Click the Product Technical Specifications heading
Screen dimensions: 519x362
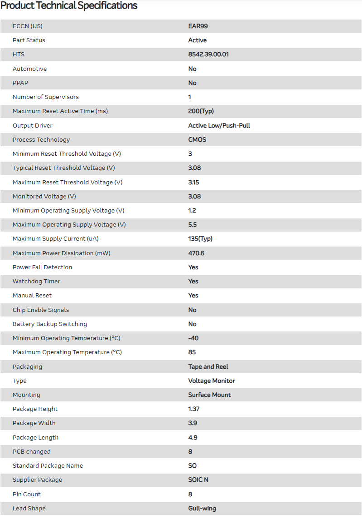(x=69, y=6)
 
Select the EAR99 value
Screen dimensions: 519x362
(x=198, y=26)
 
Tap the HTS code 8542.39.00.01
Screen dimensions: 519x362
(x=208, y=54)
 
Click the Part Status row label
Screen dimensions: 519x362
(x=29, y=40)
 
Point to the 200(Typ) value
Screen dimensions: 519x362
(x=201, y=111)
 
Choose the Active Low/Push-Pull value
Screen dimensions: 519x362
(x=219, y=125)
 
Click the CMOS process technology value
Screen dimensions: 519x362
(x=197, y=139)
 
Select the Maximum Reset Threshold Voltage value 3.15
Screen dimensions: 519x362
(x=193, y=182)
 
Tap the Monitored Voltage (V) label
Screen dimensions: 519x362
(x=44, y=196)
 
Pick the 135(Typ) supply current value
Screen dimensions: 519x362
(x=200, y=239)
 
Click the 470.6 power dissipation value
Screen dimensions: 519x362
(x=196, y=253)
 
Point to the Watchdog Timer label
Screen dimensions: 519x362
(x=36, y=282)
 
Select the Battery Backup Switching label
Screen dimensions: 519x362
(x=50, y=324)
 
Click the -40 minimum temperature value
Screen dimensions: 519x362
(x=193, y=338)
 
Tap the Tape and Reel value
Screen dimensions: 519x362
(x=208, y=366)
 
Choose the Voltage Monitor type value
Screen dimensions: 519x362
(x=212, y=381)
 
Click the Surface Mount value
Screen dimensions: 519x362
(x=209, y=395)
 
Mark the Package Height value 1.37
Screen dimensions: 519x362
(x=194, y=409)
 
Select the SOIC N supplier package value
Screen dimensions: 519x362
(x=198, y=480)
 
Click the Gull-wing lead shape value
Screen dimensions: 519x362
(x=202, y=508)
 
